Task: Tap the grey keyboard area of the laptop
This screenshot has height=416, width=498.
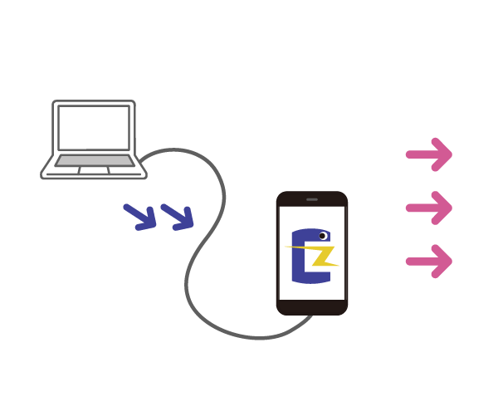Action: point(94,160)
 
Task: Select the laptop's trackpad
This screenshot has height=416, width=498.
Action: point(94,170)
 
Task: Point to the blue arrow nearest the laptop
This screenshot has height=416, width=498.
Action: point(139,217)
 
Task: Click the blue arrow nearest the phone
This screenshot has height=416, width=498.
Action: point(177,217)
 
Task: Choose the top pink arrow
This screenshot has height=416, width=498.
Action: point(428,154)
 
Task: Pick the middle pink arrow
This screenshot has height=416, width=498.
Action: point(428,208)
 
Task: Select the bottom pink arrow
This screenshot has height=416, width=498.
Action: point(428,262)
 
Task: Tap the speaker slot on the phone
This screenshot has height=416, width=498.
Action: point(312,200)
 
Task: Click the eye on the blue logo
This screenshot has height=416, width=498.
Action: point(323,236)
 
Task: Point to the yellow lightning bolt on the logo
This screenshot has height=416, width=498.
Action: point(319,254)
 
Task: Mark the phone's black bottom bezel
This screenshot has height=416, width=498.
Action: point(312,306)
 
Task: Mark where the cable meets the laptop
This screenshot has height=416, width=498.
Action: point(144,158)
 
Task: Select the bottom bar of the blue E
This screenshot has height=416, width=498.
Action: point(312,277)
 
